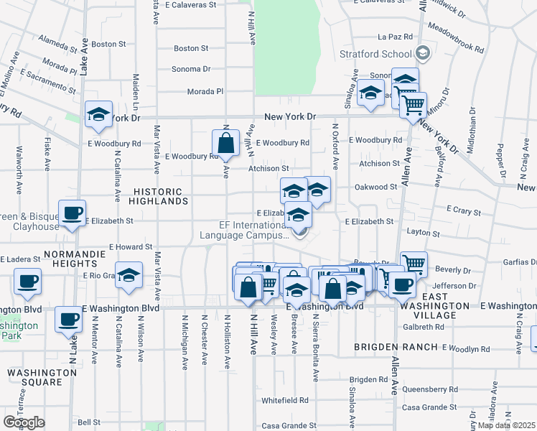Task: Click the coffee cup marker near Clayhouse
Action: [x=72, y=213]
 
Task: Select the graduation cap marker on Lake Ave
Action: [x=99, y=115]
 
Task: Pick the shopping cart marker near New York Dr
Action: [x=413, y=106]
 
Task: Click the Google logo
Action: [x=24, y=422]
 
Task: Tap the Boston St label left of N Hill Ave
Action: [x=191, y=48]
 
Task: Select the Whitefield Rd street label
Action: [x=285, y=400]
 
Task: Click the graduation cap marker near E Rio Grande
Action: [x=129, y=277]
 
